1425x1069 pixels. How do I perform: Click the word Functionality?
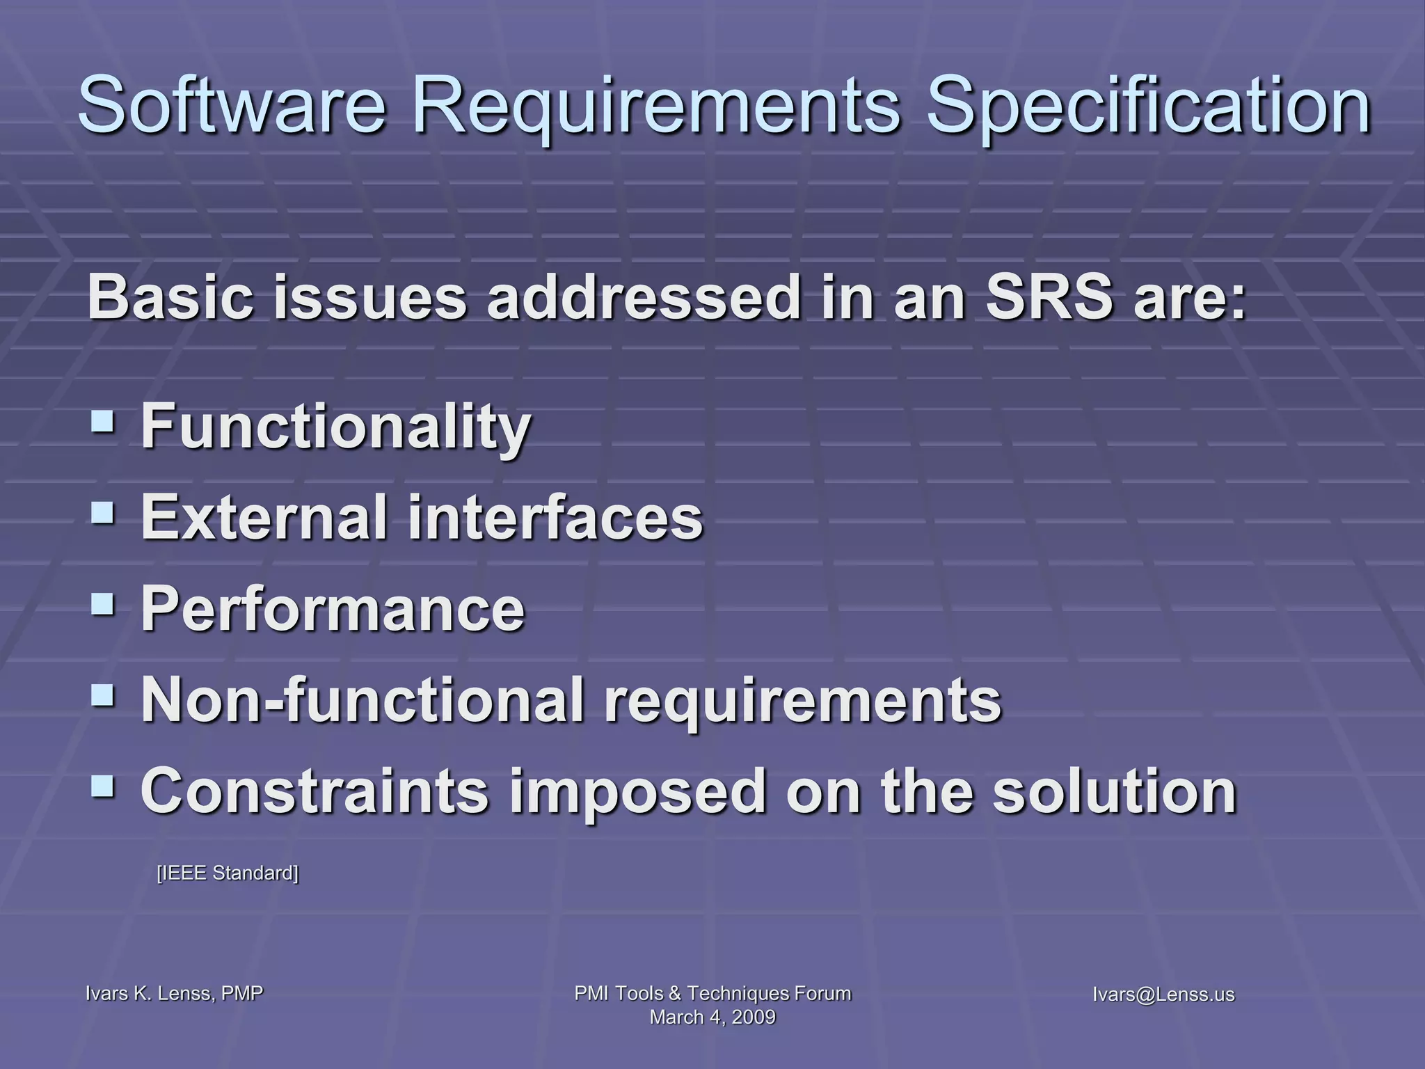pyautogui.click(x=336, y=427)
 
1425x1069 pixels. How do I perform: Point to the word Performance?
pyautogui.click(x=333, y=609)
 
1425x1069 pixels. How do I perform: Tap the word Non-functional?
pyautogui.click(x=362, y=700)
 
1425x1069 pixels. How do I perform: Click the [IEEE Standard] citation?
pyautogui.click(x=228, y=873)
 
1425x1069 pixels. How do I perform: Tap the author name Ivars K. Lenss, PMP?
pyautogui.click(x=174, y=994)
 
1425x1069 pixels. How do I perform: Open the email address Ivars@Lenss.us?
pyautogui.click(x=1163, y=995)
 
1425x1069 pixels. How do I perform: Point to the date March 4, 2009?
pyautogui.click(x=712, y=1017)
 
